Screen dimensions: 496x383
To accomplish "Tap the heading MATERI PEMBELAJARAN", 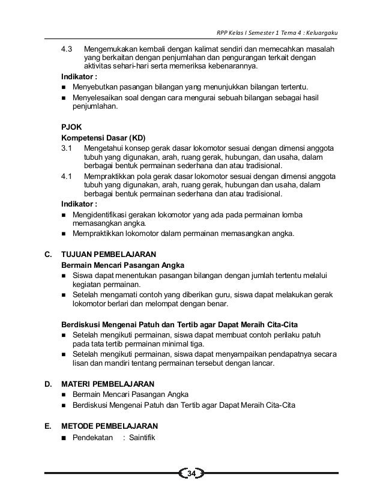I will tap(108, 383).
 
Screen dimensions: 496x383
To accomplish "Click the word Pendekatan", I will tap(92, 437).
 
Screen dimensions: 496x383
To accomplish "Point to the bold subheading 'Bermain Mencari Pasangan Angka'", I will tap(123, 265).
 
